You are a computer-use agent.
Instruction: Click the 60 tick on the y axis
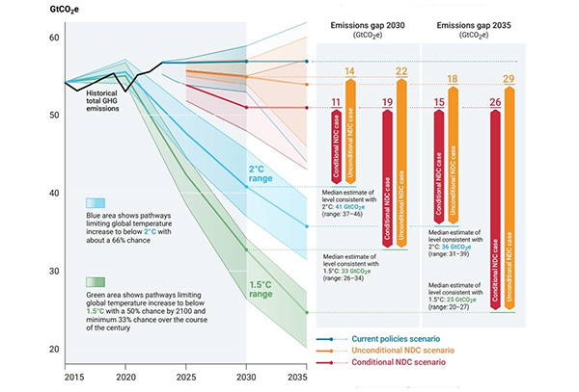[x=53, y=38]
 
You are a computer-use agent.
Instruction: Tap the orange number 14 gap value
[x=350, y=72]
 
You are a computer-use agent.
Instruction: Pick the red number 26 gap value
[x=495, y=102]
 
